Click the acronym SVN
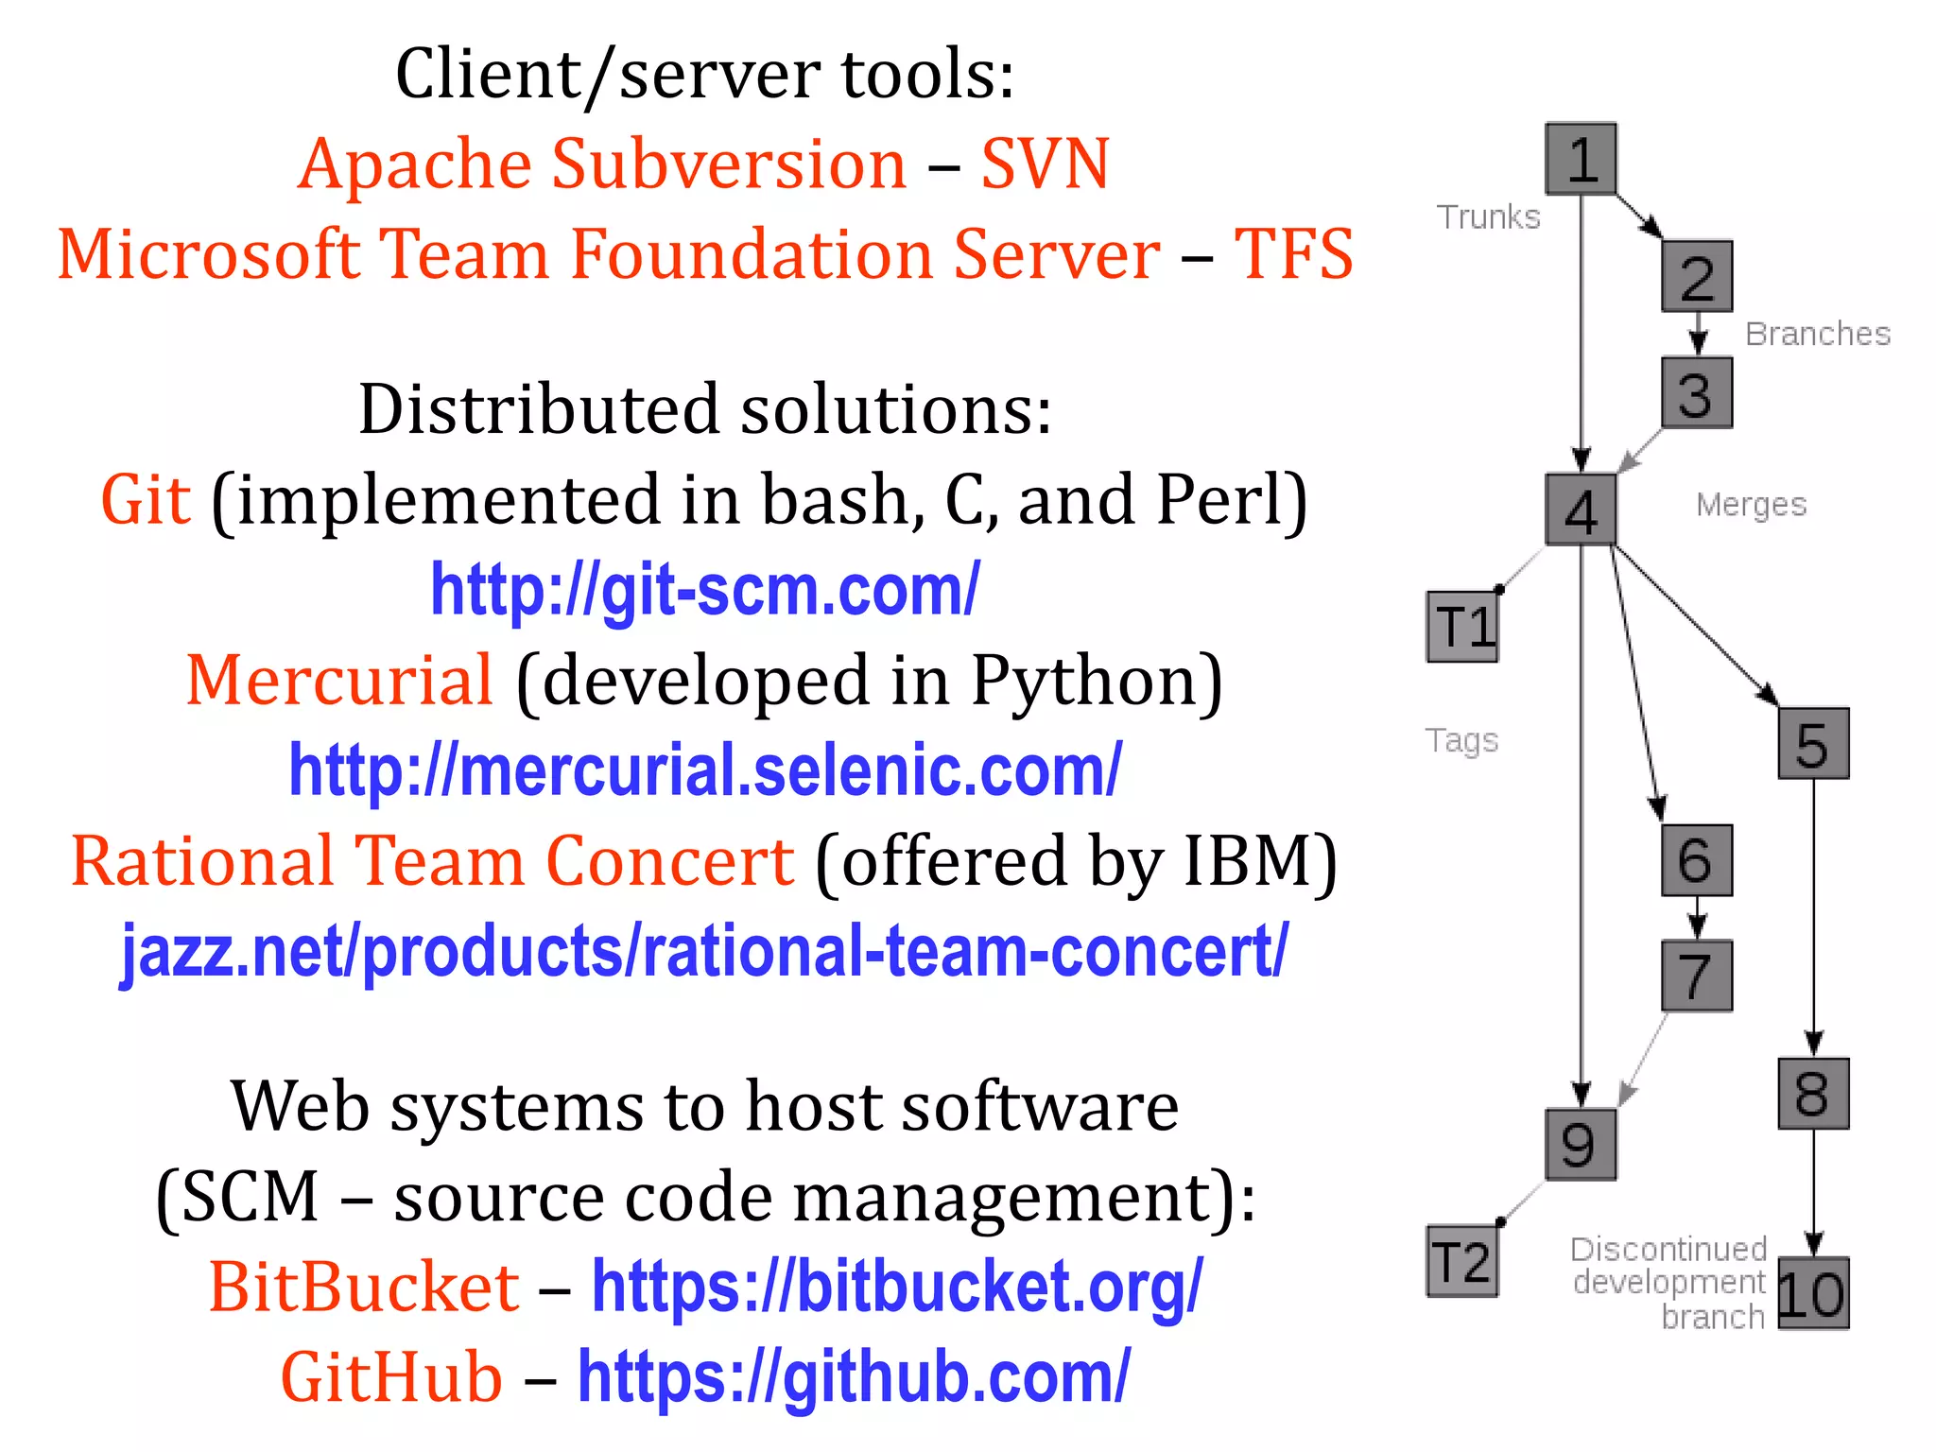click(1045, 164)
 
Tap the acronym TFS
click(1293, 254)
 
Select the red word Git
click(146, 500)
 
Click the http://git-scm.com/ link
click(705, 590)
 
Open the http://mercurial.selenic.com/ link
click(705, 770)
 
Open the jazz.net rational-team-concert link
click(705, 951)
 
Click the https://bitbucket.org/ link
click(896, 1288)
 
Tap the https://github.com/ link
click(854, 1377)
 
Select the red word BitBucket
click(364, 1288)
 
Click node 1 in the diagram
click(1581, 159)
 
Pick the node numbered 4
click(1581, 510)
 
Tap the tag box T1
click(1462, 627)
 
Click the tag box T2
click(1462, 1262)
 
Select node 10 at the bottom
click(1813, 1294)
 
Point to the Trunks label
click(1488, 217)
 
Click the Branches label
click(1817, 334)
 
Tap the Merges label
click(1751, 505)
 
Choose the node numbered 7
click(1697, 976)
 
